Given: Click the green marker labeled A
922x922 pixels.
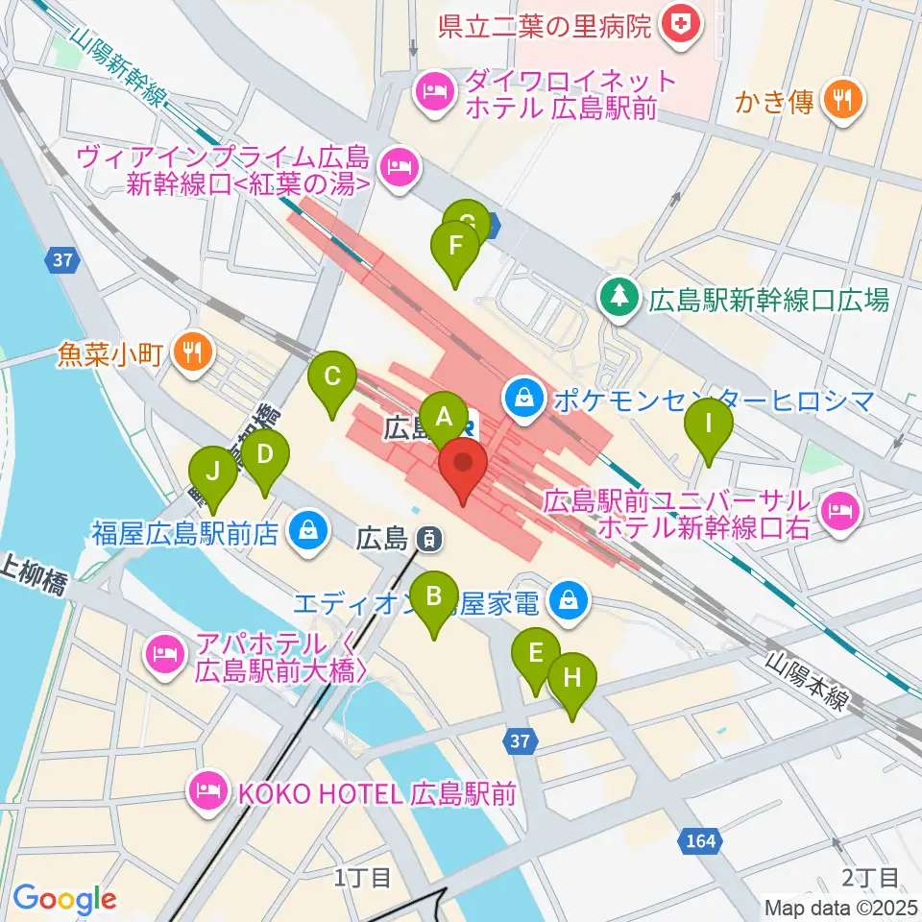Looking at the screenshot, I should pos(444,417).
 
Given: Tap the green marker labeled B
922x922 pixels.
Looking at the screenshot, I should pos(434,596).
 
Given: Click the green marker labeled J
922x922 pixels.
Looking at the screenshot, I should pos(213,472).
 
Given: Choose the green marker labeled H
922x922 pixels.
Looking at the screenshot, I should pos(572,678).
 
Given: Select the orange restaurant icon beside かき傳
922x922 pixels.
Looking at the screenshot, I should pos(844,99).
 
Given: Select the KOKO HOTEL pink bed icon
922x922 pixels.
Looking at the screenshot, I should pos(207,792).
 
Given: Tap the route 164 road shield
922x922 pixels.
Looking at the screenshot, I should pos(700,841).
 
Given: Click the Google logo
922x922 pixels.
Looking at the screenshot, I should pos(64,899).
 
